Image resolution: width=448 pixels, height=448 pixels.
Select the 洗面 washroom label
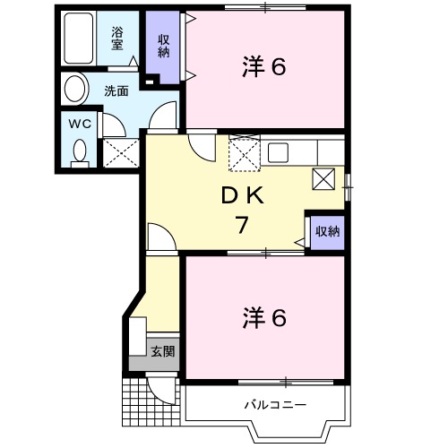(x=115, y=90)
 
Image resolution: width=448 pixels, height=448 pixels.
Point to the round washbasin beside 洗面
(x=75, y=90)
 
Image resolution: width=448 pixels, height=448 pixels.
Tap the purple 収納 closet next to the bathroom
(x=163, y=46)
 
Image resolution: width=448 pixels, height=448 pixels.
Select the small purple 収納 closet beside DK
(x=327, y=232)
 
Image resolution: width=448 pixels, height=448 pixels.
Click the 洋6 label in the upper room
(x=264, y=67)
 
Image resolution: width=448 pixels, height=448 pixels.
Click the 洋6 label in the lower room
(x=264, y=317)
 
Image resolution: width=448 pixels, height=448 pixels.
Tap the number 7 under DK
(x=241, y=226)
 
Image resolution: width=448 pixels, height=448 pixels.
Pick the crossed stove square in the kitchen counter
(x=323, y=178)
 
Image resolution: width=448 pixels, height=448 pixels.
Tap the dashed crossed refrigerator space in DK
(x=244, y=153)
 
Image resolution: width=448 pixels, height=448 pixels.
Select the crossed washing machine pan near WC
(x=119, y=151)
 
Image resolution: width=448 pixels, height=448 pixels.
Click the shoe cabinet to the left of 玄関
(x=135, y=339)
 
